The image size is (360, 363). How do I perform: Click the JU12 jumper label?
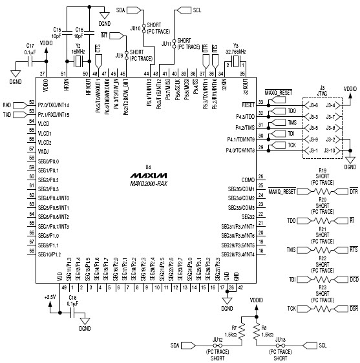[x=217, y=338]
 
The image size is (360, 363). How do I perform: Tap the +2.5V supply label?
[x=50, y=296]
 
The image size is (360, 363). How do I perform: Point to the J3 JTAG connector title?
[x=321, y=89]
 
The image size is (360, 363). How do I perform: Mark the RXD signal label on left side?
[x=7, y=103]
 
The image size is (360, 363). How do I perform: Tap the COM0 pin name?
[x=248, y=179]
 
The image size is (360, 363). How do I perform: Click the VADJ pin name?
[x=45, y=151]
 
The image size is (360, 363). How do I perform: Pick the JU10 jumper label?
[x=135, y=28]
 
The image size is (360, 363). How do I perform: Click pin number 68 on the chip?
[x=30, y=251]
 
